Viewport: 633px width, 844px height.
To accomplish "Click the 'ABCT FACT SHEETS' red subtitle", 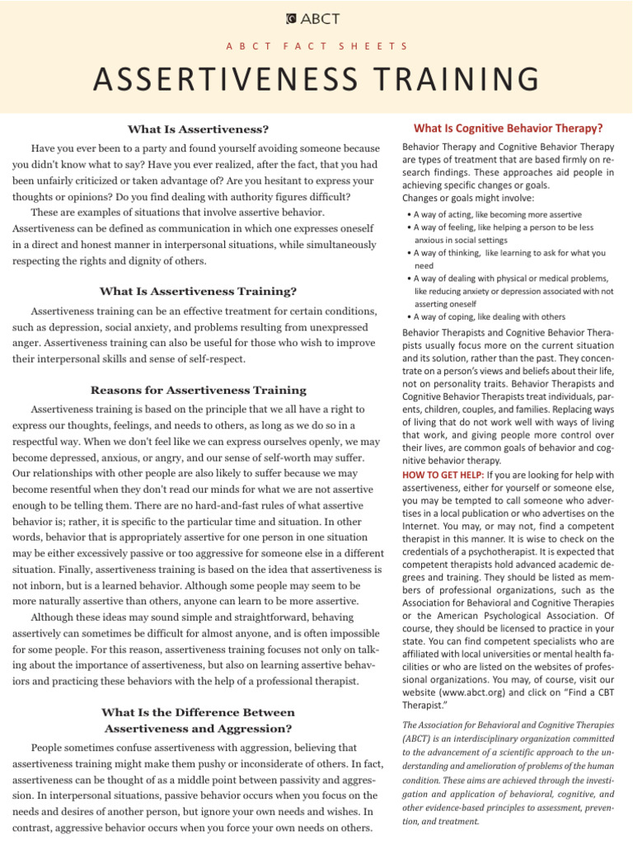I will [316, 47].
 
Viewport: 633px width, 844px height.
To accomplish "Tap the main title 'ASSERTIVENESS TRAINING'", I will [316, 80].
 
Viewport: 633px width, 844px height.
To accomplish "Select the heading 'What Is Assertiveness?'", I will [198, 129].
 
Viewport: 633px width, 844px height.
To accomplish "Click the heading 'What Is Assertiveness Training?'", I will [198, 291].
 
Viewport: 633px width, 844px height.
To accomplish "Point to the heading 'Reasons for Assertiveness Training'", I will [198, 390].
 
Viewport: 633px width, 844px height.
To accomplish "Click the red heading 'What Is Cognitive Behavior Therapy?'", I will [509, 128].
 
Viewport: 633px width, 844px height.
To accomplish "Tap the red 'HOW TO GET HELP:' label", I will [443, 475].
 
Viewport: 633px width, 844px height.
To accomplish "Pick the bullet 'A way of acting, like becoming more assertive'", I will [498, 214].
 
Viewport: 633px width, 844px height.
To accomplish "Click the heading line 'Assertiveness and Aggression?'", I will [198, 728].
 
